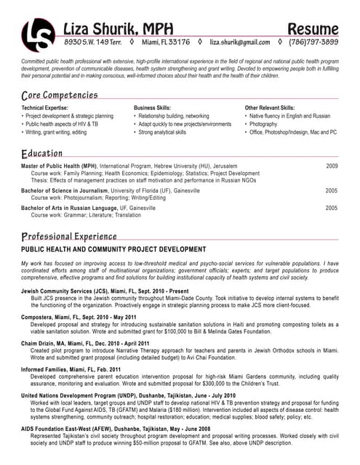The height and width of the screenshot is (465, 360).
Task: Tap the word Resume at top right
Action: coord(313,28)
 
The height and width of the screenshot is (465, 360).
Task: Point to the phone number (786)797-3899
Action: coord(313,42)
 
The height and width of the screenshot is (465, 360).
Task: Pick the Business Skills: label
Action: coord(152,108)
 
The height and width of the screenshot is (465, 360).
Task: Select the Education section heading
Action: coord(41,154)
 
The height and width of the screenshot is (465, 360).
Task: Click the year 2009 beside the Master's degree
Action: coord(332,166)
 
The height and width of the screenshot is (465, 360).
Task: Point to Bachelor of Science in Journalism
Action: coord(73,190)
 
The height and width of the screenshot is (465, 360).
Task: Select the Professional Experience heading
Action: coord(69,236)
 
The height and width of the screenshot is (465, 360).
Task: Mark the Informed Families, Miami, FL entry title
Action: coord(71,369)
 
